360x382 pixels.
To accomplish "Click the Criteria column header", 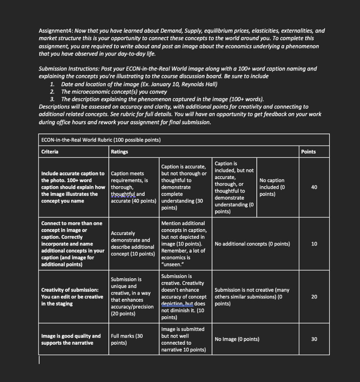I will tap(50, 152).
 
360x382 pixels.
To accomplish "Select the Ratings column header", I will tap(119, 152).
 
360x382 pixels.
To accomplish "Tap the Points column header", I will tap(308, 152).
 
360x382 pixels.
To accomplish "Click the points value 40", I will tap(314, 187).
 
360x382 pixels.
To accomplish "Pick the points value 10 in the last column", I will tap(314, 244).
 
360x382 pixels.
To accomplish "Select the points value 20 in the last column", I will tap(314, 297).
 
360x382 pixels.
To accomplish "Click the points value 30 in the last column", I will tap(314, 339).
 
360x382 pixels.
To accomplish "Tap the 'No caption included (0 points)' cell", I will tap(272, 187).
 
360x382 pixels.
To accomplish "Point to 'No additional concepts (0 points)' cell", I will tap(252, 244).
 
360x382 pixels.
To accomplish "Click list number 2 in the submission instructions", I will tap(53, 92).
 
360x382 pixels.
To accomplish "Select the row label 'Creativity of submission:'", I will tap(70, 290).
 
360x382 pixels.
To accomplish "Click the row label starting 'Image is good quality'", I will tap(70, 336).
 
